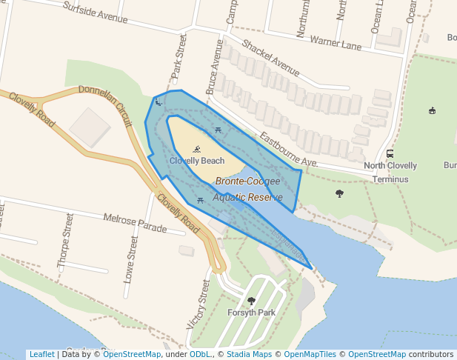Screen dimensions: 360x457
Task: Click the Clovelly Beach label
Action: tap(197, 161)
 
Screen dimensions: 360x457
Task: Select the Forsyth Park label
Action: tap(251, 313)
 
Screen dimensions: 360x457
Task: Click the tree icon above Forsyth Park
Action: tap(251, 301)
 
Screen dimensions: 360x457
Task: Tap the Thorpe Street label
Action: tap(65, 240)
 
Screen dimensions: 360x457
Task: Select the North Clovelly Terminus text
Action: tap(390, 172)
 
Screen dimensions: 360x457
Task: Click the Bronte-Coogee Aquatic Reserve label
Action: tap(248, 189)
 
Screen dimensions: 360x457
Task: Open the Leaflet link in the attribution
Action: tap(41, 354)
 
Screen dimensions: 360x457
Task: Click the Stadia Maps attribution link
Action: tap(248, 354)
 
